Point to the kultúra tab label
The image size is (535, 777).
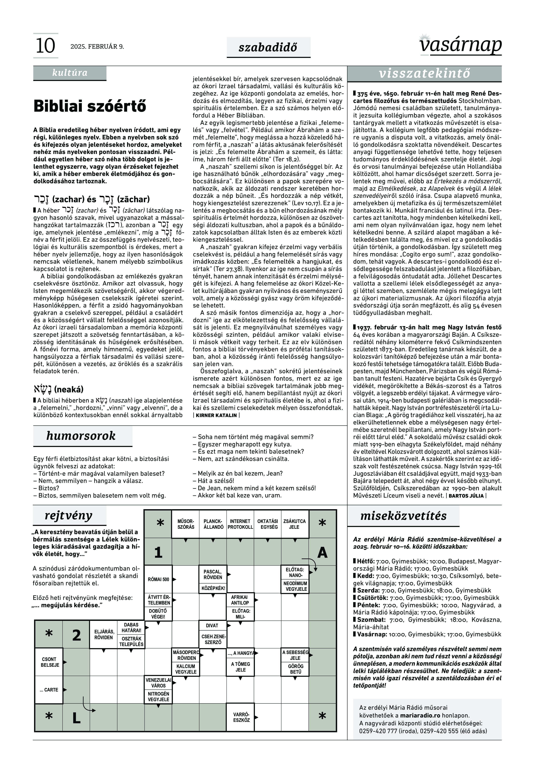coord(70,73)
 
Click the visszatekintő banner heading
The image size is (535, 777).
coord(424,73)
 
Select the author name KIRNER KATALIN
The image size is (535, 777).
coord(216,415)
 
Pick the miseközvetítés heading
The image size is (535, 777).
coord(403,516)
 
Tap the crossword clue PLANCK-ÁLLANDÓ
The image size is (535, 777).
coord(213,524)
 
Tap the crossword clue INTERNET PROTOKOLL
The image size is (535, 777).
coord(240,524)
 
